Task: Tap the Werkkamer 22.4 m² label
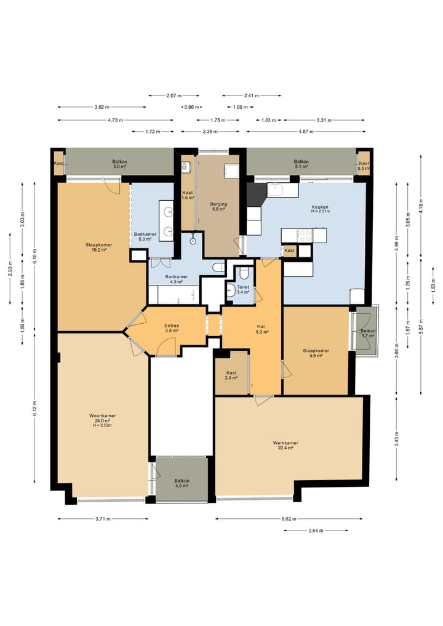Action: point(285,445)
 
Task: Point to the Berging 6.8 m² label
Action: point(218,206)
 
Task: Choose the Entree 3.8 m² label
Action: point(172,327)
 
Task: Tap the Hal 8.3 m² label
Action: point(262,329)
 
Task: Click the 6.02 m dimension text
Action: point(289,519)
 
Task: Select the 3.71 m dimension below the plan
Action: point(103,519)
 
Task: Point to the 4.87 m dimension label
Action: point(306,131)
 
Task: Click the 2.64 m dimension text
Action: point(316,531)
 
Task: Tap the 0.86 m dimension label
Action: point(191,107)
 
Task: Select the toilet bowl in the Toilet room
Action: point(244,273)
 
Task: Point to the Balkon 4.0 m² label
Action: point(182,483)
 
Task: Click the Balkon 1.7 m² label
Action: point(367,334)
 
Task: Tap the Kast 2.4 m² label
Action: point(231,375)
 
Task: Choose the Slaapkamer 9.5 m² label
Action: point(316,353)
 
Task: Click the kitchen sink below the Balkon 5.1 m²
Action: point(283,190)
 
